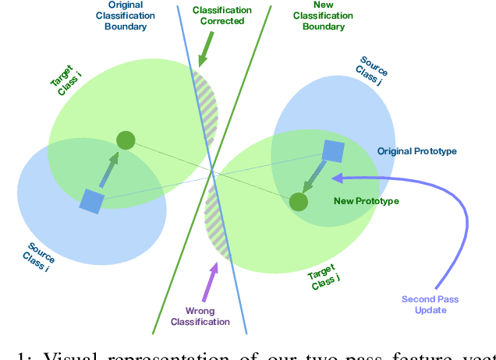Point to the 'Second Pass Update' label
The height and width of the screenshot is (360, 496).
(425, 305)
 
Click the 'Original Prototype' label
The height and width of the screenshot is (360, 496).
(416, 150)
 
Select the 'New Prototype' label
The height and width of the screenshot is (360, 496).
(366, 201)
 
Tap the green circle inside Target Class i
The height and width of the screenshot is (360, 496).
(126, 140)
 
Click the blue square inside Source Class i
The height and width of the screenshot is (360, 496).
(92, 202)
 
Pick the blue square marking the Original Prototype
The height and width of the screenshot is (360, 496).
(333, 152)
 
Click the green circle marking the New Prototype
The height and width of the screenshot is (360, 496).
(298, 202)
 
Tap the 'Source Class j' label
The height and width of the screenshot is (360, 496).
(375, 70)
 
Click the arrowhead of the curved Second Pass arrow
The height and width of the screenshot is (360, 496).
(338, 178)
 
